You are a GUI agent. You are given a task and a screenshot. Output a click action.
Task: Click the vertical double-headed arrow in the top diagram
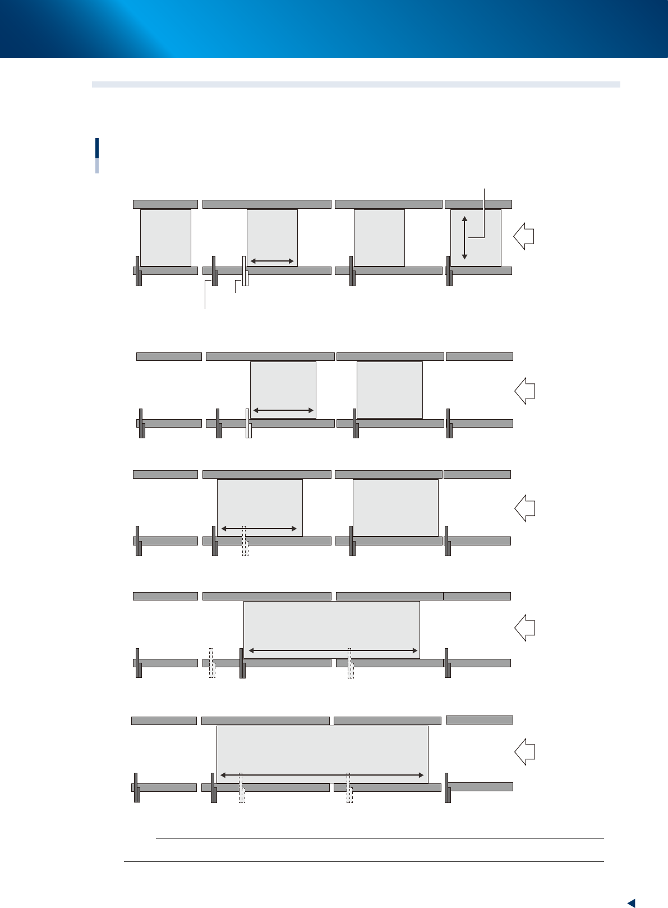(464, 237)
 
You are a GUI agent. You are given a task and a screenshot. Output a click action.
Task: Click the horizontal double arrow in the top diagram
(272, 261)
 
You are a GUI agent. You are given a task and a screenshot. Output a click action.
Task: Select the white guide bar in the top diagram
(245, 271)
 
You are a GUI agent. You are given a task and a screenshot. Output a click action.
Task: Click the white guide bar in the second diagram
(248, 423)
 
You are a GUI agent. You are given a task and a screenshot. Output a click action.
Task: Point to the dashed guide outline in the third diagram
(245, 541)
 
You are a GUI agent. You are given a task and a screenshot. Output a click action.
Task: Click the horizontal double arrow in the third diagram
(259, 529)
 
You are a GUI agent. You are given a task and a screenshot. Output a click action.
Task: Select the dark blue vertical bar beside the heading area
(97, 149)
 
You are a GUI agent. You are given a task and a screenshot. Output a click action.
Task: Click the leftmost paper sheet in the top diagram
(165, 237)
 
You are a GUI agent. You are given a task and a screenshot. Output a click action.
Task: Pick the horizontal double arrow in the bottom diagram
(322, 775)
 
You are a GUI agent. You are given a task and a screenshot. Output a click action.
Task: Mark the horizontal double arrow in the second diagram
(283, 411)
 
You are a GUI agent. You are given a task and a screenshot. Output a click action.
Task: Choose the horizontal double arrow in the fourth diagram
(333, 650)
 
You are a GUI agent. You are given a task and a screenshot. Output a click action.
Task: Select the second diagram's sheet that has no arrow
(389, 389)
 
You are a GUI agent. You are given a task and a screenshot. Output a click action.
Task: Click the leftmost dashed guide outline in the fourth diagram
(212, 663)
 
